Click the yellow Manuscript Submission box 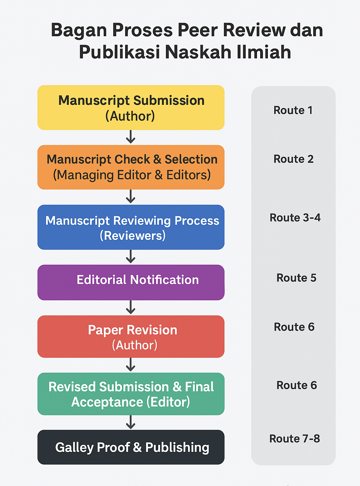131,108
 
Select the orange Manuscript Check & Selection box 131,167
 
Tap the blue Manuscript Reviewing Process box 131,227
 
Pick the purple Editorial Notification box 131,282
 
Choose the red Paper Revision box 131,337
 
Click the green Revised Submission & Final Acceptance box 131,394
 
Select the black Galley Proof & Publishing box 131,447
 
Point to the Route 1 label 293,110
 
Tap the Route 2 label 293,159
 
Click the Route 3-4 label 295,218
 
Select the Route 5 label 296,278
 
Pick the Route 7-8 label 295,439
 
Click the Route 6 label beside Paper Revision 294,327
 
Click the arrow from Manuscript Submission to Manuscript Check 131,137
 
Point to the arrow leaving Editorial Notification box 131,307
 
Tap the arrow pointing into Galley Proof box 131,422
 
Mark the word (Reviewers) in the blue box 133,236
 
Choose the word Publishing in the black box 177,447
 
